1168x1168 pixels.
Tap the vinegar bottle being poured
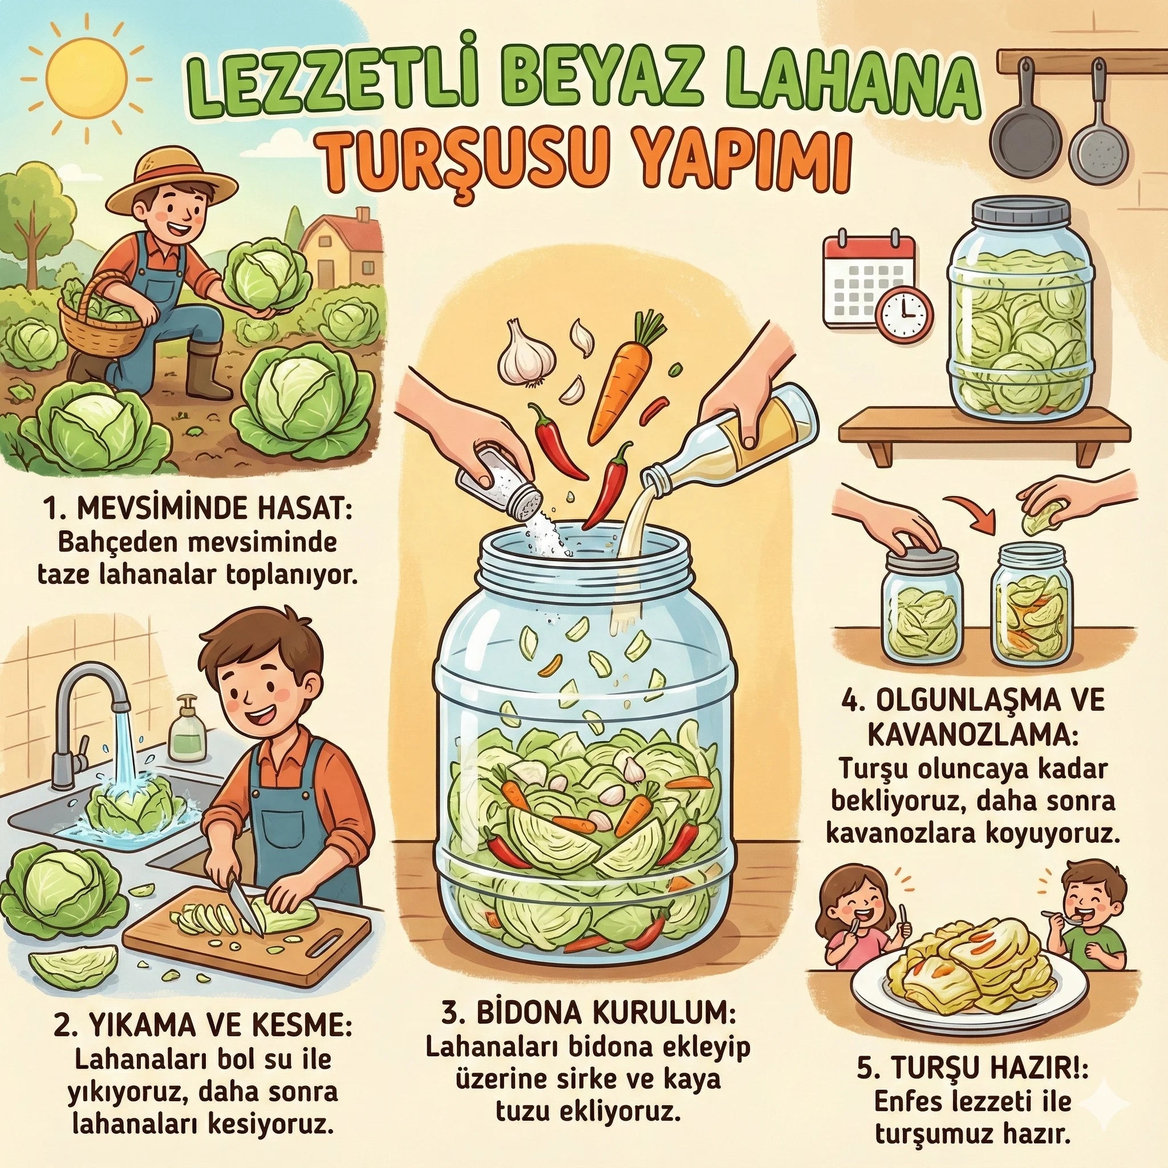(x=728, y=439)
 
